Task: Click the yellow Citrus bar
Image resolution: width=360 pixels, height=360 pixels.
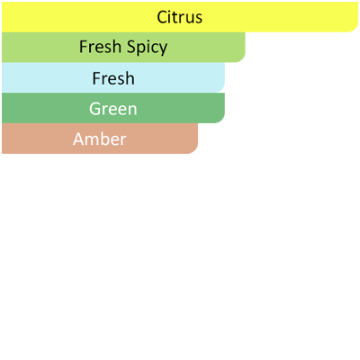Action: pos(180,17)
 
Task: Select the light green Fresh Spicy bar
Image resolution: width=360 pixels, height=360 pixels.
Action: pos(123,47)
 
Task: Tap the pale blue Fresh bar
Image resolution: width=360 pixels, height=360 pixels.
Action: pos(113,77)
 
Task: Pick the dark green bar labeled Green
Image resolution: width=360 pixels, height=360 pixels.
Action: pos(113,108)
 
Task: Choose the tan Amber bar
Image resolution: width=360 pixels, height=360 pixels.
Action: pos(100,139)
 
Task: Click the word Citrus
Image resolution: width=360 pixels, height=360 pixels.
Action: pos(179,17)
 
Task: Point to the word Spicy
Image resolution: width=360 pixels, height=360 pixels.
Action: pos(147,48)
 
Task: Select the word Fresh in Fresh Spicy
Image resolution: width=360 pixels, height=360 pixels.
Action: pos(100,47)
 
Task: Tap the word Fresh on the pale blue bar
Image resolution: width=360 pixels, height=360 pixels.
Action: pos(113,78)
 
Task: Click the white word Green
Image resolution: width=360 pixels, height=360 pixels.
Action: pos(113,109)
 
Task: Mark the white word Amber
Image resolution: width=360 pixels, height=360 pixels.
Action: pos(100,139)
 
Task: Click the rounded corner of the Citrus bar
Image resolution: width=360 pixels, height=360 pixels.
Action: pos(355,29)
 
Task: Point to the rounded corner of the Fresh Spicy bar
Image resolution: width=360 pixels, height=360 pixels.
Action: pos(242,58)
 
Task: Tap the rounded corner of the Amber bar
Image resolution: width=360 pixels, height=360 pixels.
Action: pos(194,150)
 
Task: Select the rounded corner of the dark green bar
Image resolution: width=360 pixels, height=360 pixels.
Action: pos(221,120)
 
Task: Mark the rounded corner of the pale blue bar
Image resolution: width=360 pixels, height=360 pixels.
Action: pos(221,89)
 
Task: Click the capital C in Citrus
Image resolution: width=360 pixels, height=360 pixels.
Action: pos(162,17)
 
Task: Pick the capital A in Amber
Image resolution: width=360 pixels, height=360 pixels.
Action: pos(79,139)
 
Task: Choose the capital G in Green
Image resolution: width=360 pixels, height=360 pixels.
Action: pos(94,109)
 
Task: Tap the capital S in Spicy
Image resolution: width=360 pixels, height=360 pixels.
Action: pos(130,47)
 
